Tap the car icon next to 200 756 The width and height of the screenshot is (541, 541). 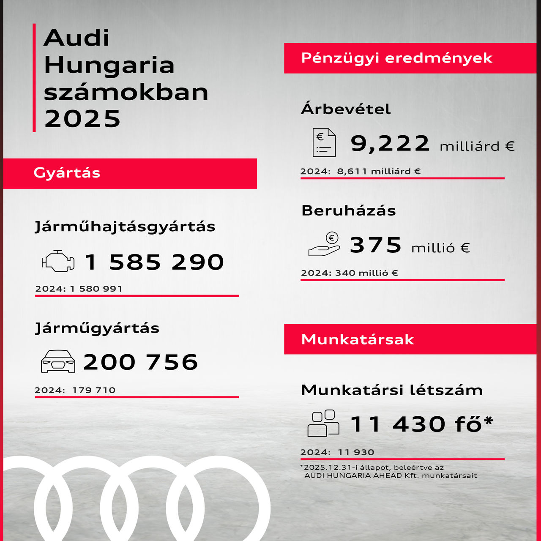[x=58, y=362]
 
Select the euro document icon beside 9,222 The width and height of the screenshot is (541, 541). [x=324, y=142]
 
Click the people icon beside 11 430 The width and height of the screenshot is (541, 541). [x=323, y=423]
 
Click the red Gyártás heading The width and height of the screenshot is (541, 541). [x=67, y=173]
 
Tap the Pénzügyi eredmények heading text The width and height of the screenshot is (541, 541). [x=396, y=58]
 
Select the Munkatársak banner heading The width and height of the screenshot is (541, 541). [x=357, y=339]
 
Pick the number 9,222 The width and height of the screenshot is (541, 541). [x=390, y=143]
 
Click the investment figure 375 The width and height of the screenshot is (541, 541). [x=375, y=245]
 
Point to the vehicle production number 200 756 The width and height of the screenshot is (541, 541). [x=140, y=362]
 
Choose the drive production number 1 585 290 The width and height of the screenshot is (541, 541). [x=154, y=262]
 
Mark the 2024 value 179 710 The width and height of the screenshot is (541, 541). [x=94, y=390]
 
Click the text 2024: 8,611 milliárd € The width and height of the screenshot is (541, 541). [x=360, y=171]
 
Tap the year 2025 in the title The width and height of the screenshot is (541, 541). [x=82, y=119]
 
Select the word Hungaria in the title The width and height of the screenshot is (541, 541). [x=109, y=65]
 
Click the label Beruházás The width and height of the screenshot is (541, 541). [x=348, y=210]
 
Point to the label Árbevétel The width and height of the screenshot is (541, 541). [x=345, y=109]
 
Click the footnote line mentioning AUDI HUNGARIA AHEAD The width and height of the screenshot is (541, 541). [x=391, y=475]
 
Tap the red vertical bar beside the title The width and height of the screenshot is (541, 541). [x=34, y=78]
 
